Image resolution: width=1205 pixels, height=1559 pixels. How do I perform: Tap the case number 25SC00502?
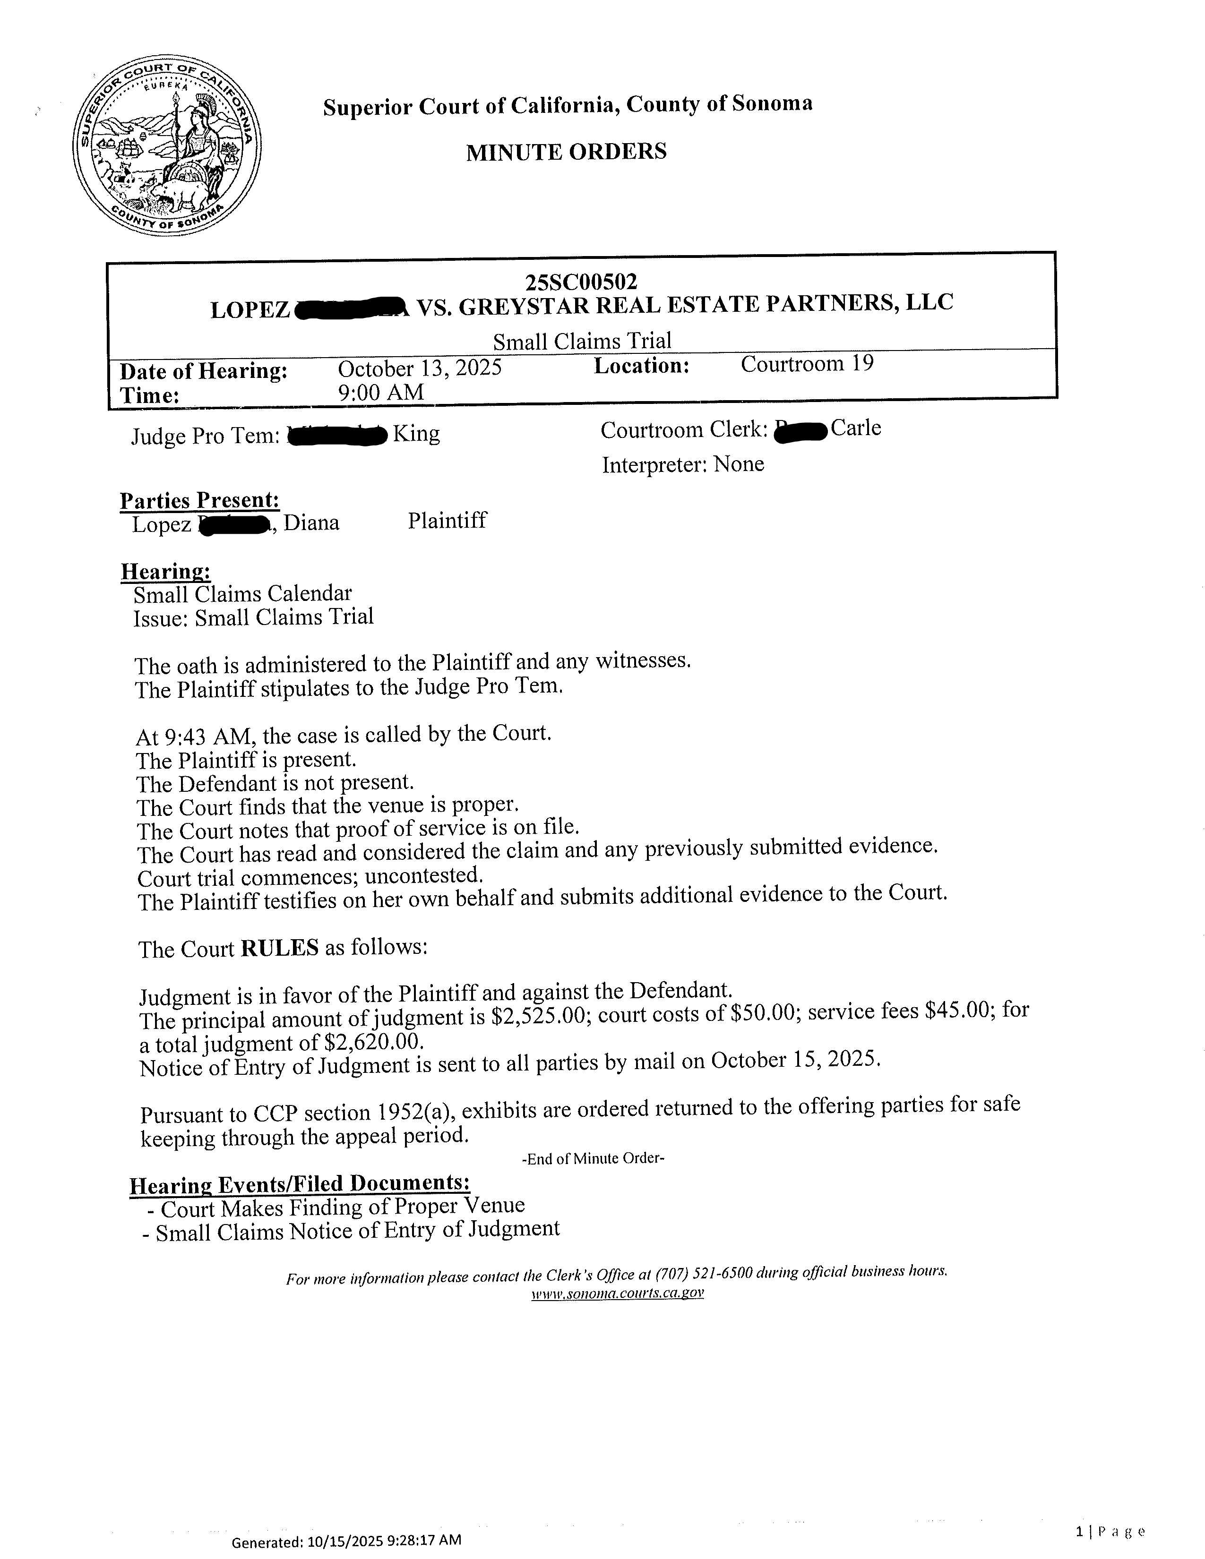[x=581, y=283]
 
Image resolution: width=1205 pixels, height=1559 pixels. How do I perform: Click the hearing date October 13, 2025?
[x=420, y=368]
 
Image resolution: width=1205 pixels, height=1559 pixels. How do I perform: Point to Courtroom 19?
[x=807, y=364]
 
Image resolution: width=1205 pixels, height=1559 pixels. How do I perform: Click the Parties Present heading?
[x=199, y=501]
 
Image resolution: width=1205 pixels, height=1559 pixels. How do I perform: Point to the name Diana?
[x=311, y=523]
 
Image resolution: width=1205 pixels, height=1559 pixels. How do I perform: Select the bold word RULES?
[x=280, y=948]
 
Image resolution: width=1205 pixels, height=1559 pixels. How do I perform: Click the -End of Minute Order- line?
[x=593, y=1158]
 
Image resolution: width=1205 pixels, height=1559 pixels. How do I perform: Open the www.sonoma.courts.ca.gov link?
[x=618, y=1293]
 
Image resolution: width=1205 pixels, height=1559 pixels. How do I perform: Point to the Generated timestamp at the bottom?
[x=346, y=1541]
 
